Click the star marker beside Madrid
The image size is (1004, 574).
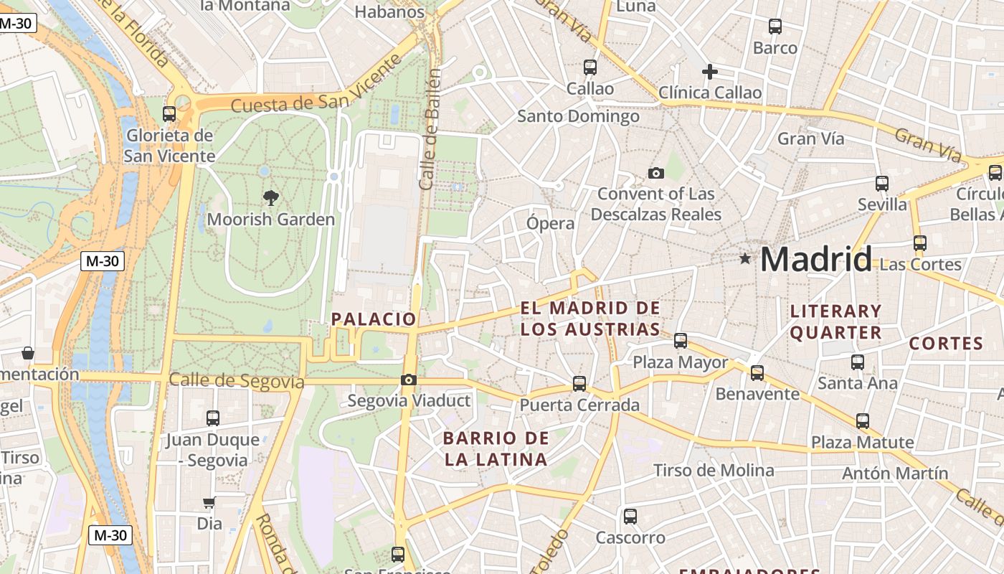[745, 258]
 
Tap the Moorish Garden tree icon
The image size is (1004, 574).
[270, 198]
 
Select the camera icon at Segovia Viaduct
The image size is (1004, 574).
[409, 380]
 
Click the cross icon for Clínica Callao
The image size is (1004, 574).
[710, 72]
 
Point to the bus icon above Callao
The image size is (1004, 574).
[590, 67]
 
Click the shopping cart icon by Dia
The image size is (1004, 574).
[209, 502]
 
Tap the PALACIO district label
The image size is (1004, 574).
[374, 319]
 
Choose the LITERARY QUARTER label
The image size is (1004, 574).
[835, 321]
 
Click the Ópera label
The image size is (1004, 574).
[551, 223]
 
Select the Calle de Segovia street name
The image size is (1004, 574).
[237, 381]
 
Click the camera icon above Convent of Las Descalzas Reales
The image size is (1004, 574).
[655, 173]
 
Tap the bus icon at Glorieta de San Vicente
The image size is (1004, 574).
[169, 113]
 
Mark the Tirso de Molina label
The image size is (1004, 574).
[713, 471]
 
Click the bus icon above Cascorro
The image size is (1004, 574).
[630, 516]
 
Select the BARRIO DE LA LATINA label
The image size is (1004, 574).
[496, 448]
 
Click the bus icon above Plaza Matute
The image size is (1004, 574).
[863, 421]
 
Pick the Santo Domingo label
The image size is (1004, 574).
[578, 116]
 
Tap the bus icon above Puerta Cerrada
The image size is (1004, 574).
[579, 384]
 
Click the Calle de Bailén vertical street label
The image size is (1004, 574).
[429, 129]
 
